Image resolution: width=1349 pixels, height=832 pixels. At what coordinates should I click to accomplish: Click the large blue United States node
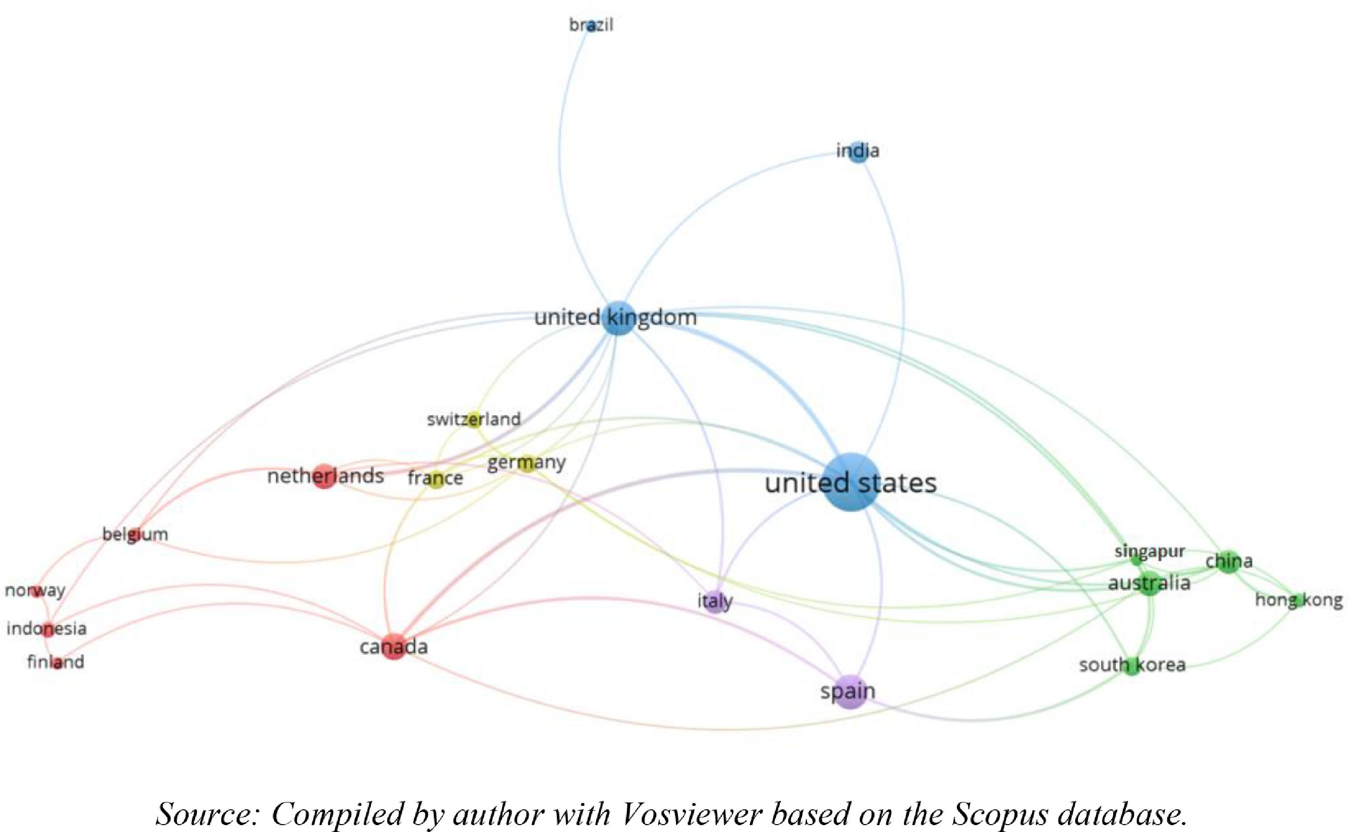point(851,483)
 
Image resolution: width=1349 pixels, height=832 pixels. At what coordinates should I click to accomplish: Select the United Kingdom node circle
point(619,318)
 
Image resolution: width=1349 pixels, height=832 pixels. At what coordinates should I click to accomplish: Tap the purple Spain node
point(849,692)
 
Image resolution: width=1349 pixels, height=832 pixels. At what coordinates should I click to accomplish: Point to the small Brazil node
point(591,26)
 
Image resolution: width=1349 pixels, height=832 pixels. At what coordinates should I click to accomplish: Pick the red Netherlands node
point(324,476)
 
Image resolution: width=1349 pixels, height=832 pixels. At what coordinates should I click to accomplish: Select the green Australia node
point(1149,584)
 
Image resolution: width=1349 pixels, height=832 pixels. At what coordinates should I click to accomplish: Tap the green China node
point(1228,562)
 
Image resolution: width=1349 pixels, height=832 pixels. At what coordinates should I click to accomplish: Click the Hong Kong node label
point(1298,600)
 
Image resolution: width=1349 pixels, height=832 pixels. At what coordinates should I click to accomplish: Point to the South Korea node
point(1132,666)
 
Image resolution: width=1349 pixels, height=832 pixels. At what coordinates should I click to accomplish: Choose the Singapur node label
point(1150,552)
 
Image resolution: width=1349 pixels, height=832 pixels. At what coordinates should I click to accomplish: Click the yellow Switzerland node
point(474,420)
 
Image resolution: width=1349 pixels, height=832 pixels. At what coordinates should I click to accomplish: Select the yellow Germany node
point(526,463)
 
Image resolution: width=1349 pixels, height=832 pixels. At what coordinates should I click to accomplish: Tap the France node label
point(435,478)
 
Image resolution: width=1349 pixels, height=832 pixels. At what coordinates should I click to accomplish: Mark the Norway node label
point(35,590)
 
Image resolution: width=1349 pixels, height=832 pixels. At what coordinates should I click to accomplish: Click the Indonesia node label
point(47,628)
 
